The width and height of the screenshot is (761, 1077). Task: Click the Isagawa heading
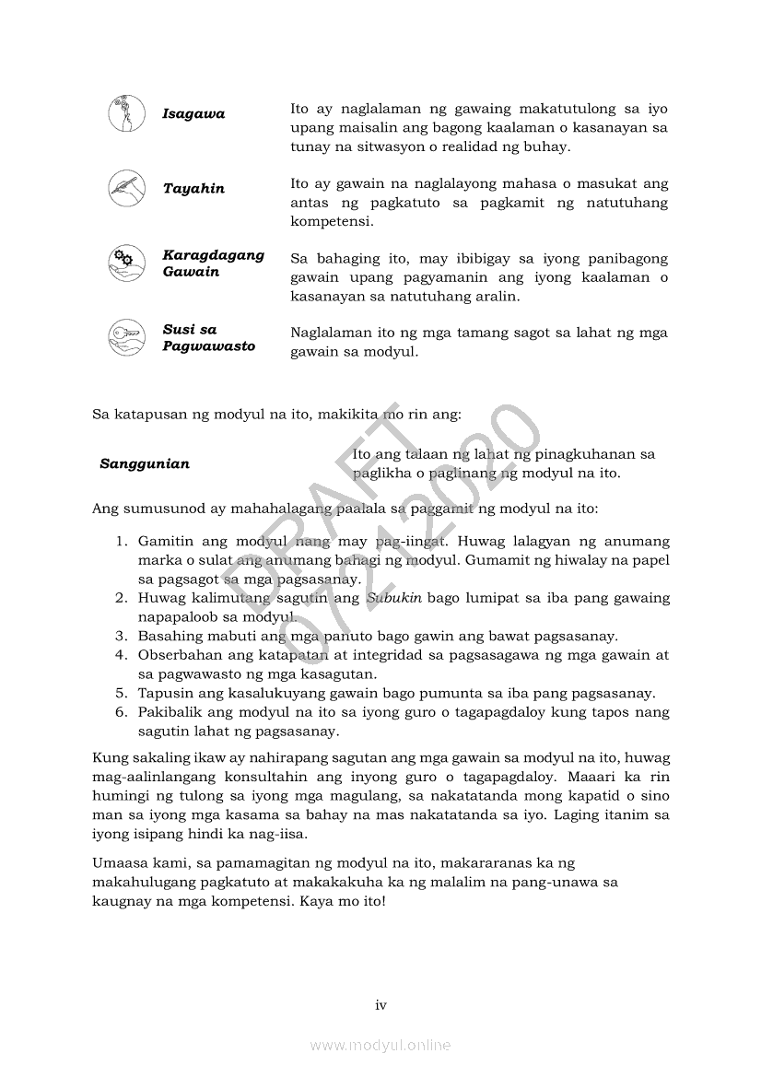coord(193,114)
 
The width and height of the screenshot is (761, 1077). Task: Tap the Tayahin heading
coord(193,189)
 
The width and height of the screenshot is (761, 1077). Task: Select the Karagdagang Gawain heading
coord(213,263)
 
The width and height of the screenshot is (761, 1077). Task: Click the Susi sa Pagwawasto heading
coord(208,338)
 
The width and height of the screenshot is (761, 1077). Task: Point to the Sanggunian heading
coord(145,464)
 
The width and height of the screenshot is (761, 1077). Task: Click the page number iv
coord(380,1005)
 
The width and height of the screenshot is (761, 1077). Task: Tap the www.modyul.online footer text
coord(380,1045)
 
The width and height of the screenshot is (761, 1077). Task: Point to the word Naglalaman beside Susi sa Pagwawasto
coord(330,333)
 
